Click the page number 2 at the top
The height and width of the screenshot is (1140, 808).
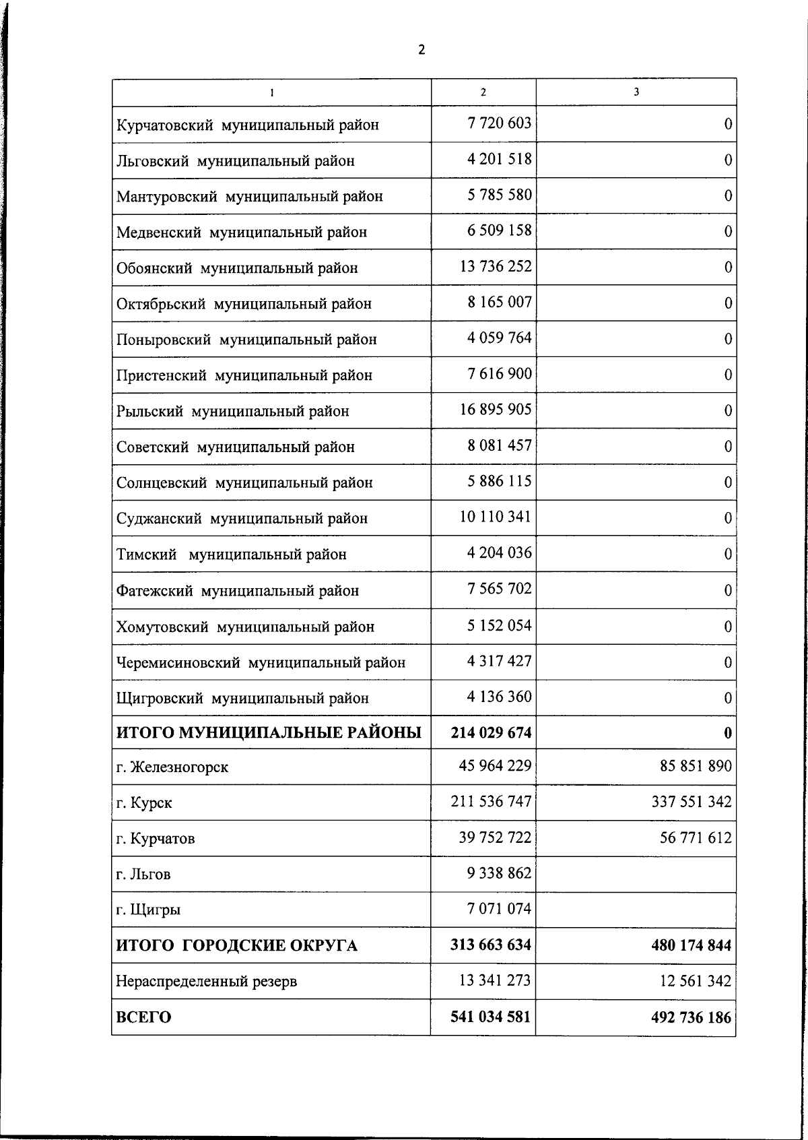tap(422, 50)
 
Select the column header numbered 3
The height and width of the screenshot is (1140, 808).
tap(636, 92)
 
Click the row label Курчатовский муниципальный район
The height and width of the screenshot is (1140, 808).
tap(248, 125)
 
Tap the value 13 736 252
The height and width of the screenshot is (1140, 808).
tap(496, 266)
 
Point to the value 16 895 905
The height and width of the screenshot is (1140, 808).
tap(496, 409)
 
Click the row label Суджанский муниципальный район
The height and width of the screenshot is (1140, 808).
tap(242, 519)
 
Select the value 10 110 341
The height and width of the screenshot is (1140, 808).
tap(496, 517)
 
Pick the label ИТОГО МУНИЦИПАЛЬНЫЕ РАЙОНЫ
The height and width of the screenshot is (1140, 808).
tap(269, 732)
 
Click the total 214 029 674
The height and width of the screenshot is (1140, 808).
tap(491, 732)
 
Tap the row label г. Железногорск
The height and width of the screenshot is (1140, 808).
tap(172, 767)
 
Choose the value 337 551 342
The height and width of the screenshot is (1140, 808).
tap(692, 802)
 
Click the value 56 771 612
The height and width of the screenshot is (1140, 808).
tap(696, 838)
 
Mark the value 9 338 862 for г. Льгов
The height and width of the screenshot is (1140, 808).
tap(499, 874)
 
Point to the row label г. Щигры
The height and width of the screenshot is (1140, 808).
tap(148, 910)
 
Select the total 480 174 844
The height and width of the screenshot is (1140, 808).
tap(691, 945)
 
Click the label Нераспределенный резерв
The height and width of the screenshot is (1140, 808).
tap(207, 982)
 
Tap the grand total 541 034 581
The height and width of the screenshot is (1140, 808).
tap(491, 1016)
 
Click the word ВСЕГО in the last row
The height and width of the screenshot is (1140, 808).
tap(144, 1017)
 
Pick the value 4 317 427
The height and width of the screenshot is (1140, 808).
tap(499, 661)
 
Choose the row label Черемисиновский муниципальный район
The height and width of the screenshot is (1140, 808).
tap(261, 663)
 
